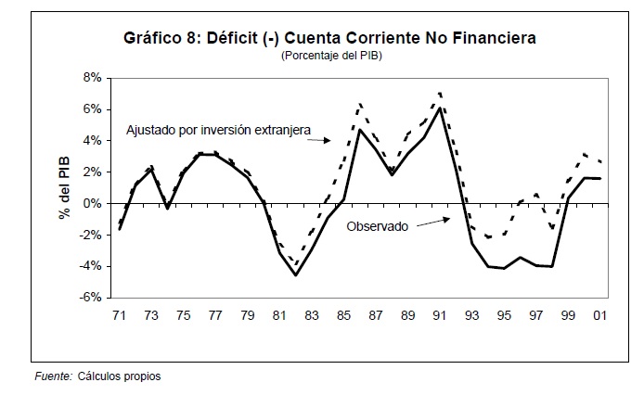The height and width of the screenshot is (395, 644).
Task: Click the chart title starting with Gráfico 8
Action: [330, 38]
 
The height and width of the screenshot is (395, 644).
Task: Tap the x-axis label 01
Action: [600, 315]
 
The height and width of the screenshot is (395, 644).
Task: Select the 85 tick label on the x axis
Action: [343, 315]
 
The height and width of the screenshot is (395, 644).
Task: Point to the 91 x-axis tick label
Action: [440, 315]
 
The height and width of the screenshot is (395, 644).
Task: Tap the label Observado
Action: [377, 225]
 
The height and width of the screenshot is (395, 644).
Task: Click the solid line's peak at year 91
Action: [440, 108]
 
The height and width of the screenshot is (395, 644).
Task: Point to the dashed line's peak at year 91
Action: [440, 93]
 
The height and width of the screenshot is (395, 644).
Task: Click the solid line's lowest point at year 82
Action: [295, 275]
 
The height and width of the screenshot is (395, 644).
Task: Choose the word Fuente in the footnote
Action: [53, 376]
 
